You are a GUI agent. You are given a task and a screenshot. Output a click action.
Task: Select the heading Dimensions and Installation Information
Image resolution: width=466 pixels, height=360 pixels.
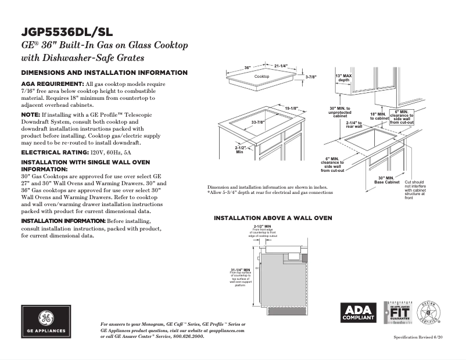(x=104, y=73)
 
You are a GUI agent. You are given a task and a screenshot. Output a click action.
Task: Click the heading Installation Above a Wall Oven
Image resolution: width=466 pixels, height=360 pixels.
(x=273, y=218)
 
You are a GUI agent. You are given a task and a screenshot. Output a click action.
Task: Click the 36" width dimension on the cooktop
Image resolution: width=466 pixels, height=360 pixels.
(x=247, y=68)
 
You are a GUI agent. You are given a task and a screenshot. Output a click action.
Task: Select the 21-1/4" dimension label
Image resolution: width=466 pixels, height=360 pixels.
(x=281, y=66)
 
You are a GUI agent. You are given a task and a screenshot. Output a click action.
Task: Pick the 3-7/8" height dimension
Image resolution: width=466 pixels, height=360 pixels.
(x=311, y=77)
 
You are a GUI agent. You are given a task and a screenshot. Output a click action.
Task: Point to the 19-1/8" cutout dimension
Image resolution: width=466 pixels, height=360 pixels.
(x=292, y=109)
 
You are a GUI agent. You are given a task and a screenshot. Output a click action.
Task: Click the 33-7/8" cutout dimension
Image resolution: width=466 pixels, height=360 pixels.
(x=258, y=123)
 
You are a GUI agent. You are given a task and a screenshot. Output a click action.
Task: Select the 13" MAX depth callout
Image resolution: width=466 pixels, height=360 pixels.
(x=344, y=78)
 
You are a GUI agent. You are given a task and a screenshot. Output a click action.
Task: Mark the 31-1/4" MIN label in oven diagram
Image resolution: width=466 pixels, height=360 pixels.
(x=240, y=270)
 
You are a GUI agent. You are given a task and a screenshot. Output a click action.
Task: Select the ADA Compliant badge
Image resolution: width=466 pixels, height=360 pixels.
(x=358, y=314)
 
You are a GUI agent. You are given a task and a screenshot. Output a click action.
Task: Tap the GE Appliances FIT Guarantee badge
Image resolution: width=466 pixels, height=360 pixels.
(x=398, y=313)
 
